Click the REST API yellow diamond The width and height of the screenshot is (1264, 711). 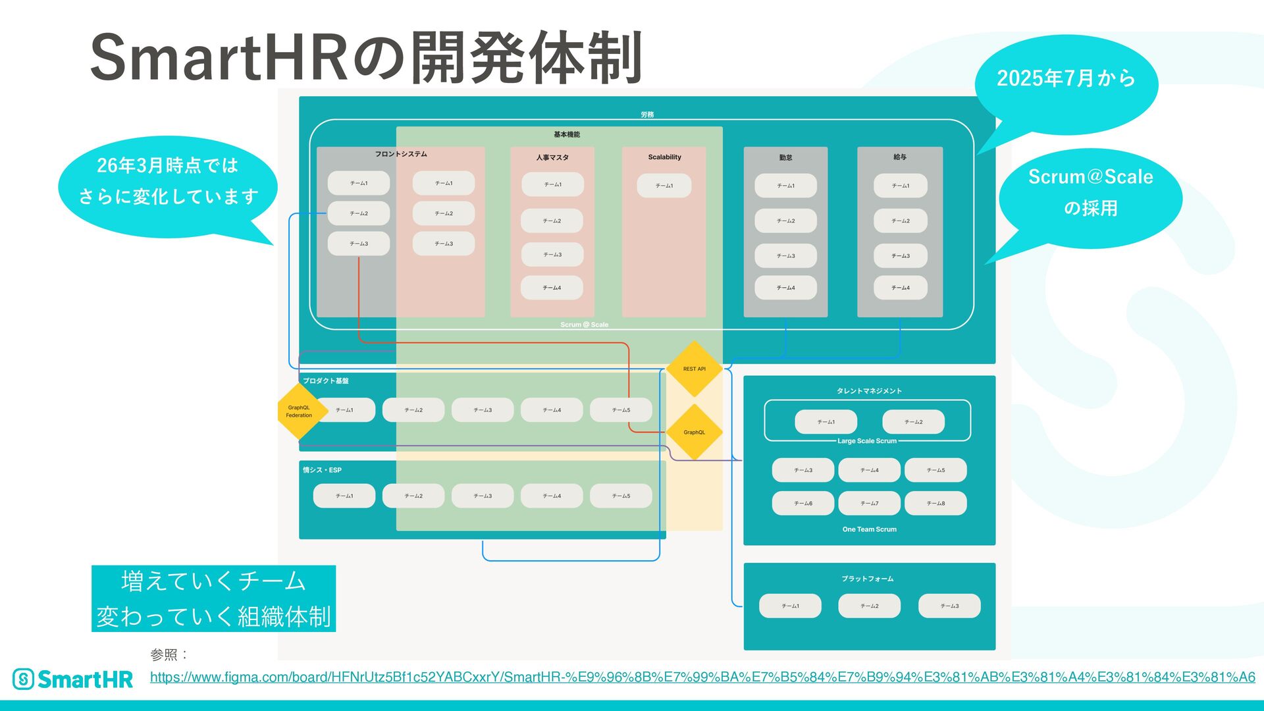pyautogui.click(x=694, y=369)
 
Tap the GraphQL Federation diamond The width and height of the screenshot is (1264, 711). pyautogui.click(x=299, y=411)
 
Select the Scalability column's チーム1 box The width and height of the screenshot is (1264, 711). pyautogui.click(x=664, y=186)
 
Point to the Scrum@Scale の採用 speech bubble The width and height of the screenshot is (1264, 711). pyautogui.click(x=1090, y=192)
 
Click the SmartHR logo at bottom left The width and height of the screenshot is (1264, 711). pyautogui.click(x=72, y=679)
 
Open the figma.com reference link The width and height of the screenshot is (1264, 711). pyautogui.click(x=702, y=677)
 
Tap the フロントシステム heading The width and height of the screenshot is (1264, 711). pyautogui.click(x=401, y=154)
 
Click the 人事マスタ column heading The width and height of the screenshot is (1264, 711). pyautogui.click(x=552, y=157)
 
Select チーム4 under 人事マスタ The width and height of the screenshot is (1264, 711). pyautogui.click(x=552, y=288)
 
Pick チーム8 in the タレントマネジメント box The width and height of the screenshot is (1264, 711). pyautogui.click(x=935, y=503)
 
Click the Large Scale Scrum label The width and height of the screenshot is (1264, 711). pyautogui.click(x=866, y=441)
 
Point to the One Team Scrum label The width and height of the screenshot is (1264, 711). pyautogui.click(x=869, y=529)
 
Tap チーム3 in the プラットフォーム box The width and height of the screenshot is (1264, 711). pyautogui.click(x=949, y=606)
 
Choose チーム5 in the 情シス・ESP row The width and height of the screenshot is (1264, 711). pyautogui.click(x=621, y=496)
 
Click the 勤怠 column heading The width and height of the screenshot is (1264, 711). pyautogui.click(x=785, y=158)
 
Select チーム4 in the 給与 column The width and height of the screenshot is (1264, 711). pyautogui.click(x=900, y=288)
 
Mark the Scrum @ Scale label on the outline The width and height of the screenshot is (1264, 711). pyautogui.click(x=584, y=325)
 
